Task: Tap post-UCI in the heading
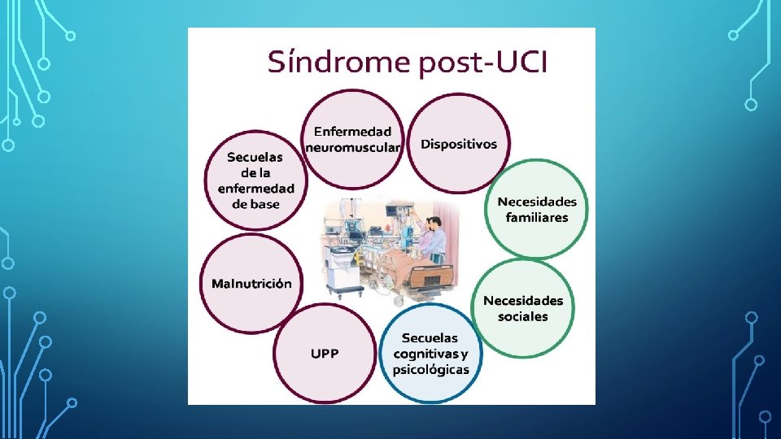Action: click(x=484, y=63)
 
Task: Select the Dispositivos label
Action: click(x=459, y=144)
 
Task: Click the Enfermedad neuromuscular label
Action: click(x=352, y=139)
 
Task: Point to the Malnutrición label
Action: click(x=251, y=284)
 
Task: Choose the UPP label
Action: click(x=325, y=353)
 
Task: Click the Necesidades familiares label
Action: click(x=537, y=209)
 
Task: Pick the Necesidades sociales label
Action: click(x=523, y=308)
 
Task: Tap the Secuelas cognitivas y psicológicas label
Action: click(x=430, y=354)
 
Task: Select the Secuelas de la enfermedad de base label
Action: click(x=256, y=180)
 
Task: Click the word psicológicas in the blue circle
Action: click(x=430, y=369)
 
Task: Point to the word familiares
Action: click(x=537, y=217)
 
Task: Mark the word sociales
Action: click(x=523, y=316)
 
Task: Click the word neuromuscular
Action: click(x=352, y=147)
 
